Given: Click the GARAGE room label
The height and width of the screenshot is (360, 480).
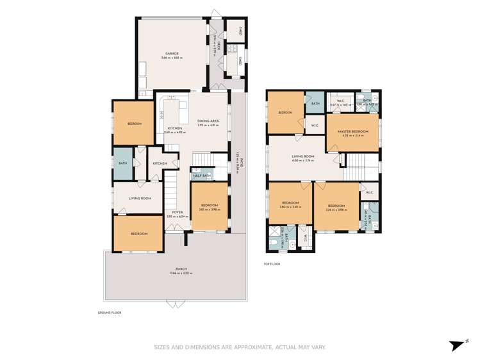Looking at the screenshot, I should (172, 53).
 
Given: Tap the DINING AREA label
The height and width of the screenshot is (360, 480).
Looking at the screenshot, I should (208, 121).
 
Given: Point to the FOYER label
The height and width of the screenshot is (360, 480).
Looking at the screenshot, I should (177, 212).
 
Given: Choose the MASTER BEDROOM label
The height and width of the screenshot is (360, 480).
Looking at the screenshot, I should (352, 131).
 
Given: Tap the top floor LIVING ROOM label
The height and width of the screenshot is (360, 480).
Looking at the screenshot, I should (302, 156).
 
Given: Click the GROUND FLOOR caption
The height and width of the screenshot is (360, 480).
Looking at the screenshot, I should (109, 313).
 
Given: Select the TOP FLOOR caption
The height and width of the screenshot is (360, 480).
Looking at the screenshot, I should (272, 264).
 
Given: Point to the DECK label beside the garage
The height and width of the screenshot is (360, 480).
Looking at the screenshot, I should (219, 46).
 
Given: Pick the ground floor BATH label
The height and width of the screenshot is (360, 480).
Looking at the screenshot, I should (122, 163).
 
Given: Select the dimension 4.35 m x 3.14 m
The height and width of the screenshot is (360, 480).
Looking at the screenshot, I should (352, 136).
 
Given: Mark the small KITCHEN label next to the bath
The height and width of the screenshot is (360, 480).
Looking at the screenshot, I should (160, 163).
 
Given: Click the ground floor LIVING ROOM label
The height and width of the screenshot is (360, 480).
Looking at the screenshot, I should (140, 199).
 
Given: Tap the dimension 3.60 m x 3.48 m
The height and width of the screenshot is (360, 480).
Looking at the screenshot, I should (290, 207).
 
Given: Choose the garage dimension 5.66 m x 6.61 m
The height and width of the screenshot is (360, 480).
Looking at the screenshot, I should (172, 58).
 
